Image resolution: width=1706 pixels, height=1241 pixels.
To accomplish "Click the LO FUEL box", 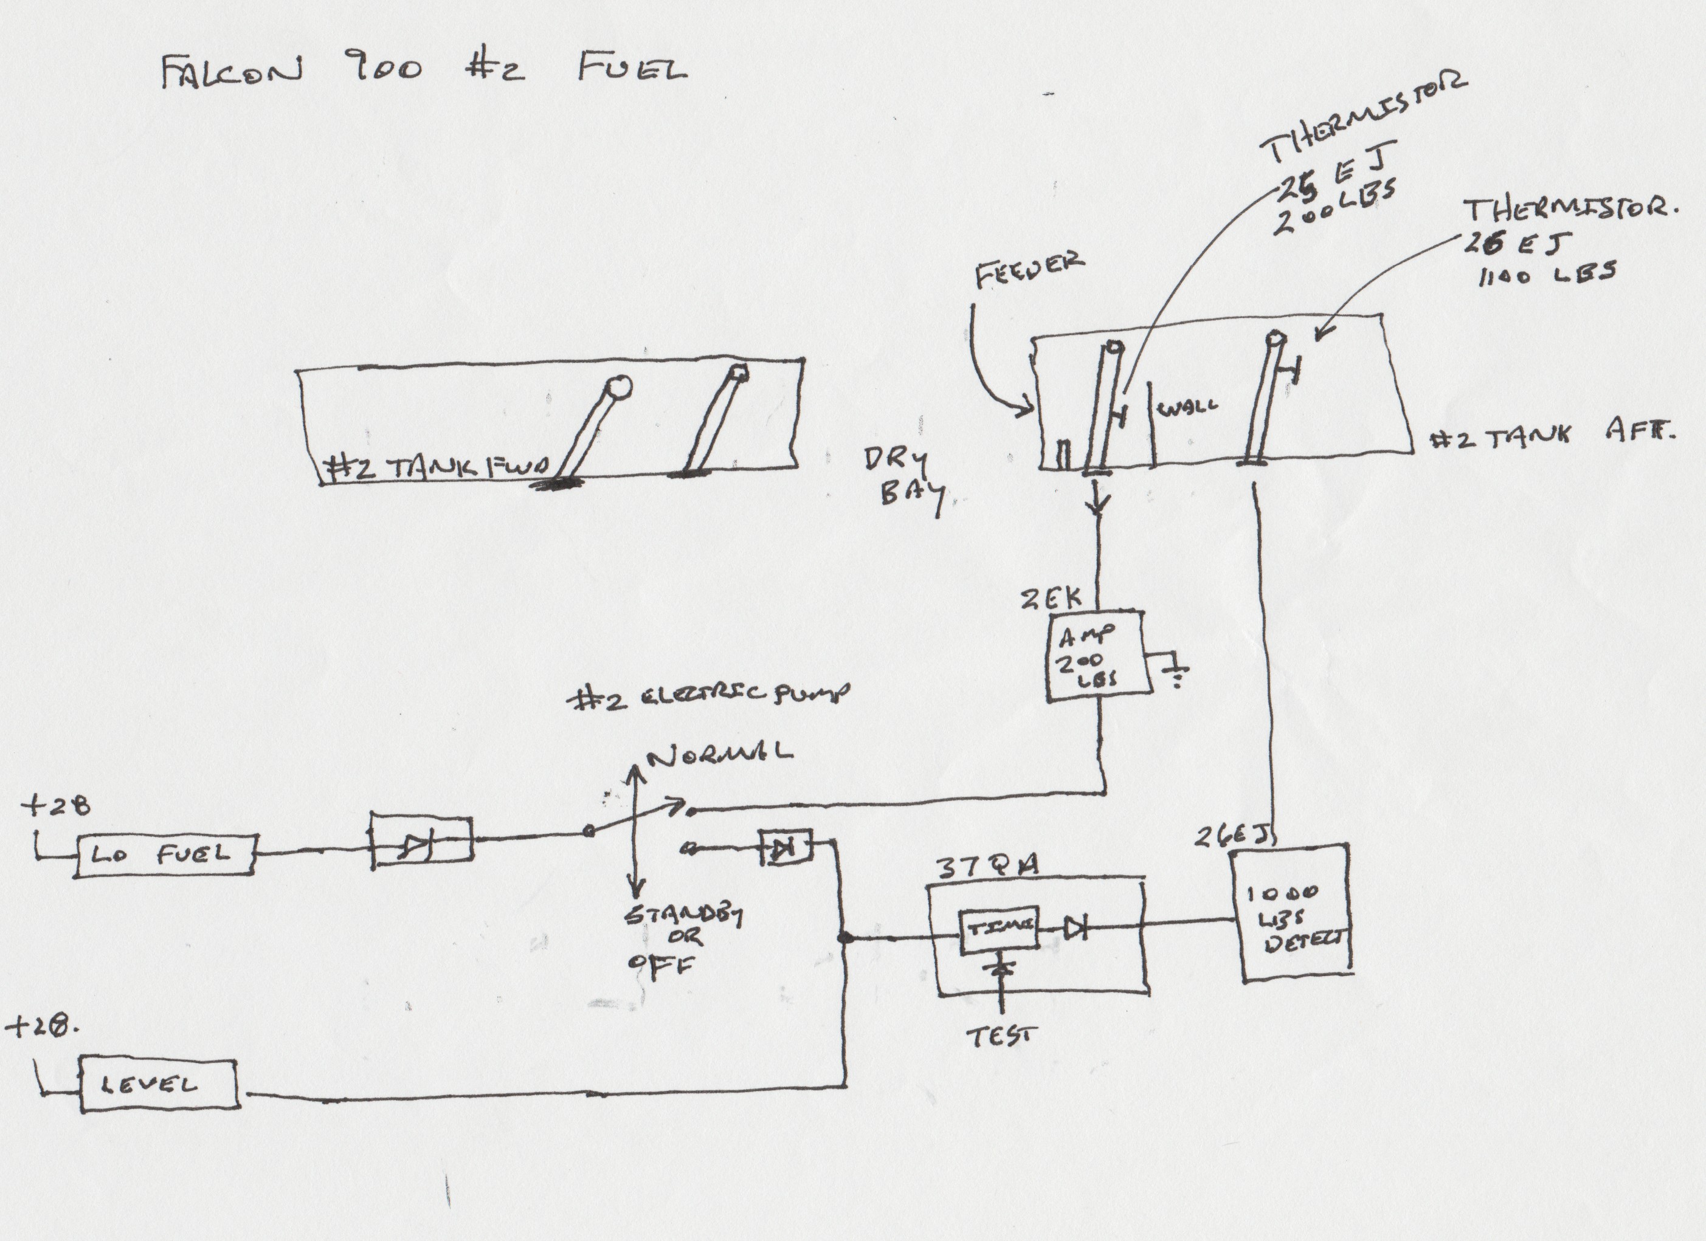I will click(x=165, y=855).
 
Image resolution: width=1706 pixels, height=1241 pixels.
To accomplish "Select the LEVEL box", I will click(x=159, y=1084).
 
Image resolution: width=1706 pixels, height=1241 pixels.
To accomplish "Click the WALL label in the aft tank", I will click(x=1189, y=408).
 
